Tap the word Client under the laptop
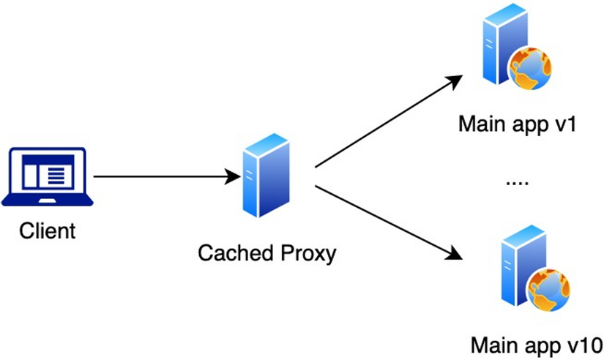(x=47, y=232)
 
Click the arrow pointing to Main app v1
(x=388, y=120)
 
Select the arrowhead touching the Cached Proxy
(x=233, y=176)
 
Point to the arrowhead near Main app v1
(x=454, y=80)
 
